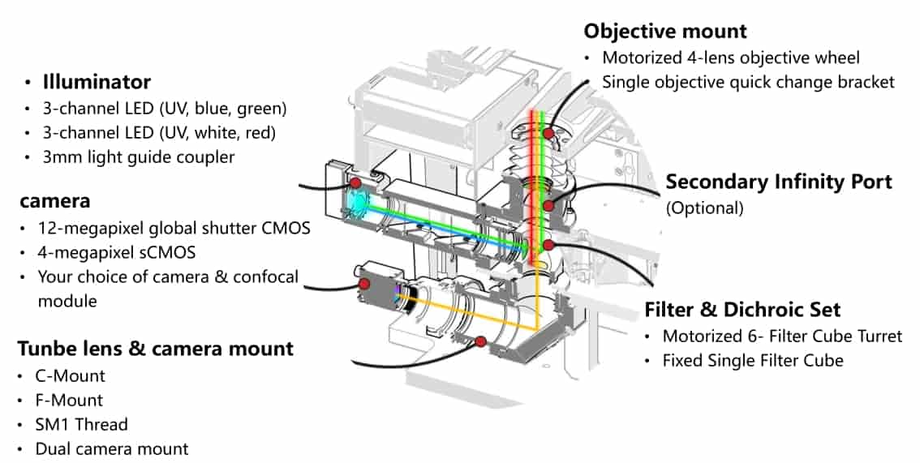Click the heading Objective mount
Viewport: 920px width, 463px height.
pos(665,32)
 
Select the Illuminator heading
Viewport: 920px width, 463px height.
pos(97,82)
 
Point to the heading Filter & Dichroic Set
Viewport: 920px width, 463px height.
pos(742,310)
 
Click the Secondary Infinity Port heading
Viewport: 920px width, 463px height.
pos(778,182)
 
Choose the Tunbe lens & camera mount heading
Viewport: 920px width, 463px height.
pos(155,349)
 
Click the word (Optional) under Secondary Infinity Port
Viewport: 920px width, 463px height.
pos(704,208)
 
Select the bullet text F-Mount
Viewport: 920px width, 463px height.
pos(69,400)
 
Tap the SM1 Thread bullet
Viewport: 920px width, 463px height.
pos(81,424)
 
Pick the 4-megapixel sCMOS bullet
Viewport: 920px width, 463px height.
pos(116,252)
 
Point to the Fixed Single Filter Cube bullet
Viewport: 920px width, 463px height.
pos(753,360)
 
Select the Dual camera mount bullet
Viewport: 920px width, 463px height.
pos(112,448)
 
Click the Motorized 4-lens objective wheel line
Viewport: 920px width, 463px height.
pos(730,58)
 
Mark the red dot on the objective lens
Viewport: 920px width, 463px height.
pos(549,133)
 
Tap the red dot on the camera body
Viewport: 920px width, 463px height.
pos(364,284)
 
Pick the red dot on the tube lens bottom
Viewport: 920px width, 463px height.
pos(480,342)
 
